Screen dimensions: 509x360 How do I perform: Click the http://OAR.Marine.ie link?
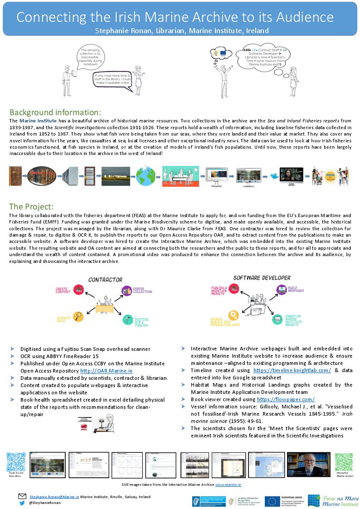[106, 370]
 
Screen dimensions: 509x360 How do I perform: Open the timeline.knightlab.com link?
[292, 370]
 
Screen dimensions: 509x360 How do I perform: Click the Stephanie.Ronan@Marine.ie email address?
[54, 496]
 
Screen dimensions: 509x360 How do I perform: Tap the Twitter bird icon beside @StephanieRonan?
[22, 503]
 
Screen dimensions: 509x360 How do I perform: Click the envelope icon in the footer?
[22, 496]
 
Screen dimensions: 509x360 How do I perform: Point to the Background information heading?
[55, 112]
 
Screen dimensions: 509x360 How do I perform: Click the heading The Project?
[31, 206]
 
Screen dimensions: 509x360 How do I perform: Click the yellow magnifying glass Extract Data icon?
[78, 315]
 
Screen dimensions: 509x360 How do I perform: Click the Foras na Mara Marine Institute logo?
[333, 500]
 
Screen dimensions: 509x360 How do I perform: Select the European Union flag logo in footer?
[272, 500]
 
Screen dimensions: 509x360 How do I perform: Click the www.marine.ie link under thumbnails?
[228, 485]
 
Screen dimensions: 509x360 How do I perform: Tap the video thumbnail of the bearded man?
[308, 464]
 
